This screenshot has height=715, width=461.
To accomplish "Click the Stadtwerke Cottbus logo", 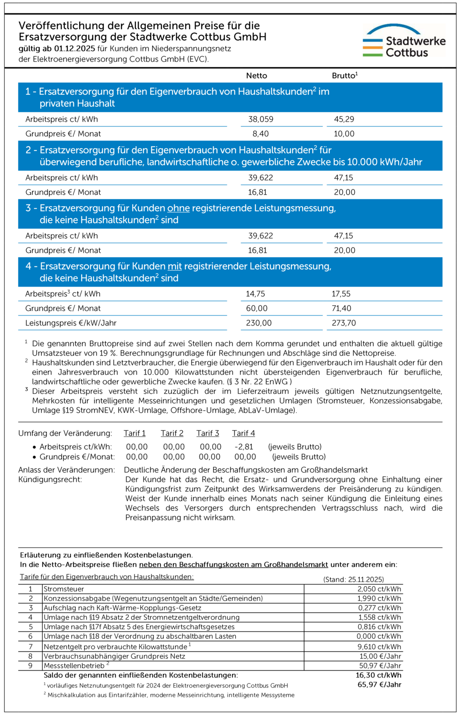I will [x=404, y=41].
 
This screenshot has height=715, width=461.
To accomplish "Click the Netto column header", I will [x=256, y=75].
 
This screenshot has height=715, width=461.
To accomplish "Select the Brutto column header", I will [x=344, y=75].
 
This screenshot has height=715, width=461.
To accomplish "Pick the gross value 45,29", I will [x=344, y=119].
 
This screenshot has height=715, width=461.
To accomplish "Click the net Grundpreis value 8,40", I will [x=261, y=134].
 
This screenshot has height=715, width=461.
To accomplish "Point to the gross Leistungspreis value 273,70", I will [x=344, y=323].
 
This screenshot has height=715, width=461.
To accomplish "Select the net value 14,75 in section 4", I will [x=255, y=294].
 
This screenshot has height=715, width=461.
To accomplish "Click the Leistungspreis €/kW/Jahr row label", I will [x=71, y=323].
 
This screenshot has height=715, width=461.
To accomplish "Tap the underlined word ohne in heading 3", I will [x=179, y=208].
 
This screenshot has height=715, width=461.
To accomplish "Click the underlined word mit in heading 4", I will [x=175, y=266].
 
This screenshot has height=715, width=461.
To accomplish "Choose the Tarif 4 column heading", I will [x=243, y=433].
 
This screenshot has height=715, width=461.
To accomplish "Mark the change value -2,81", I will [x=244, y=447].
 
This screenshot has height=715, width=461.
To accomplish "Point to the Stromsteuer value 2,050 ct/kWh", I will [x=379, y=589].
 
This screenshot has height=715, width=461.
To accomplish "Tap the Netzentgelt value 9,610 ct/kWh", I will [x=379, y=647].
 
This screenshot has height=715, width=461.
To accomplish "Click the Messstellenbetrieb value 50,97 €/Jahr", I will [x=380, y=665].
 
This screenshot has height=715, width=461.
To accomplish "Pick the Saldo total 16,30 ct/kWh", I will [x=378, y=675].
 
